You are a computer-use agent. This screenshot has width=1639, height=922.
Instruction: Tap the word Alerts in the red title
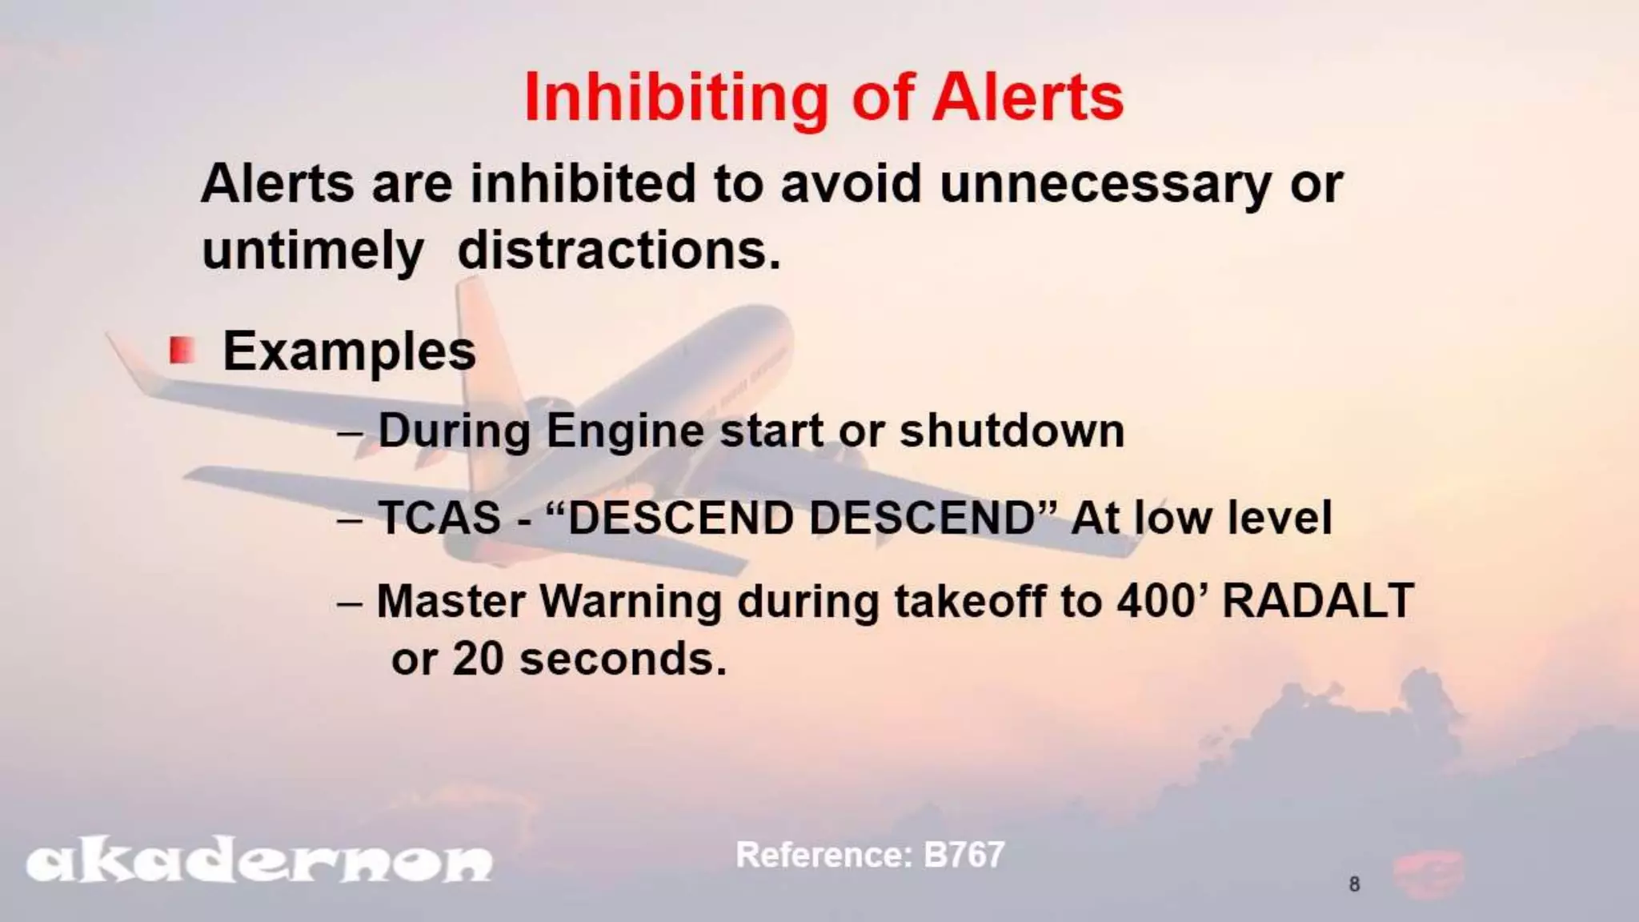pyautogui.click(x=1028, y=98)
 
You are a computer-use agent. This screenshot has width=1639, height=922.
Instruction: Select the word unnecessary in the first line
pyautogui.click(x=1105, y=185)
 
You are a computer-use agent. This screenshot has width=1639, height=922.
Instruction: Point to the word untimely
pyautogui.click(x=312, y=252)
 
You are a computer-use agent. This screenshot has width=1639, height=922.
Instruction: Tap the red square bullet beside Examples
pyautogui.click(x=182, y=350)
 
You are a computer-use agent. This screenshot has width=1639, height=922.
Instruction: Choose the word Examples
pyautogui.click(x=349, y=351)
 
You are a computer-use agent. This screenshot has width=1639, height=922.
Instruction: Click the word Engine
pyautogui.click(x=626, y=431)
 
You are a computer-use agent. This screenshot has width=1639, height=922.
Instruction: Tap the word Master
pyautogui.click(x=451, y=601)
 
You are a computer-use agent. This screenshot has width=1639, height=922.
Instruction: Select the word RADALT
pyautogui.click(x=1318, y=601)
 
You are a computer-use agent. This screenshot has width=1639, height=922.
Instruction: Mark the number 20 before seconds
pyautogui.click(x=478, y=659)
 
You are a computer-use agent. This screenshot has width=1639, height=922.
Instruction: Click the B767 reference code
pyautogui.click(x=964, y=855)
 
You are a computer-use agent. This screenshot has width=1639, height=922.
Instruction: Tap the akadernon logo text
pyautogui.click(x=258, y=863)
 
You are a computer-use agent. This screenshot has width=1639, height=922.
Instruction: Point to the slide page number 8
pyautogui.click(x=1354, y=884)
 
